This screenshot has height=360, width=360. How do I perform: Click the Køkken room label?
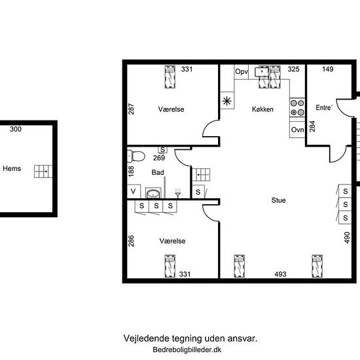coord(262,109)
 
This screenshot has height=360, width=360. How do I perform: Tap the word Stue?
coord(278,200)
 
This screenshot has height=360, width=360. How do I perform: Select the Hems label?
coord(12,168)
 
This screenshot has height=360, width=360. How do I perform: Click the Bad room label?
coord(158,172)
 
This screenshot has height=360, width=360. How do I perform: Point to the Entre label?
coord(324,107)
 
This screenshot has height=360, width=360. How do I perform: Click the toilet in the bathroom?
coord(136,156)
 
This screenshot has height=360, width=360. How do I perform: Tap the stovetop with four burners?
coord(297,107)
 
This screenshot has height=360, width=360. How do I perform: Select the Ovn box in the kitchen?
coord(297,130)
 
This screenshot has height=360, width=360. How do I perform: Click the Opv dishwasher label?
coord(242,71)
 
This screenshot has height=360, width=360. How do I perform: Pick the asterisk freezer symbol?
coord(227,101)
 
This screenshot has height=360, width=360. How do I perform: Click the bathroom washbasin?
coord(153,193)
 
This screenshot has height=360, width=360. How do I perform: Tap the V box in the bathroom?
coord(134,191)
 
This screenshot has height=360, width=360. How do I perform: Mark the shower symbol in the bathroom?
coord(177,193)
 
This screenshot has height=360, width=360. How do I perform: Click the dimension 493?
coord(280,274)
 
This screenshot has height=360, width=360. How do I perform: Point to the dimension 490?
coord(347,238)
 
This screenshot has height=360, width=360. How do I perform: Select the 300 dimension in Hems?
coord(16,129)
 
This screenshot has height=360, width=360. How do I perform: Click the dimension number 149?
coord(328,69)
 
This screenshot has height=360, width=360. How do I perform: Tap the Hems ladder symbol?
coord(43,171)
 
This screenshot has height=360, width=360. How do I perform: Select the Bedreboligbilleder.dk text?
coord(187,350)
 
